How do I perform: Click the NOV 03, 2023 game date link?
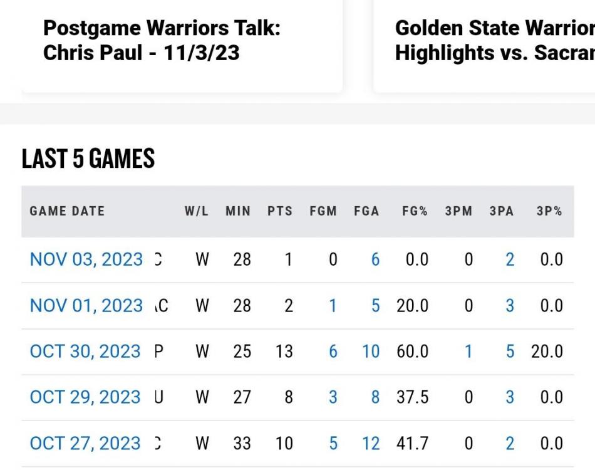[86, 259]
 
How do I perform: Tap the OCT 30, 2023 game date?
[85, 352]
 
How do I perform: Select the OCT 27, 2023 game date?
[85, 444]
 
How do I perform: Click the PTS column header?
[280, 211]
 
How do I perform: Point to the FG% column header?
[415, 211]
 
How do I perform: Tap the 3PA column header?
[501, 211]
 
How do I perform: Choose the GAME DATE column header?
[67, 211]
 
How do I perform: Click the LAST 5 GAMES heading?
[88, 159]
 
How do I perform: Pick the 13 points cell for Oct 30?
[284, 352]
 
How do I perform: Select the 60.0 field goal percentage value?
[412, 352]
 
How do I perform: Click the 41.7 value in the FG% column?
[412, 444]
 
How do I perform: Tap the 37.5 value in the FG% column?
[412, 397]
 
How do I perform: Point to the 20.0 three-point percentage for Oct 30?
[547, 352]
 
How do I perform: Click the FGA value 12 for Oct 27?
[371, 444]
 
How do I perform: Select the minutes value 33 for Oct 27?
[242, 444]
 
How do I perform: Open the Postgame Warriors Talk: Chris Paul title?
[162, 40]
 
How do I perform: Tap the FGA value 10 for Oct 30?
[371, 352]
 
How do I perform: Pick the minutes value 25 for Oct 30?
[242, 352]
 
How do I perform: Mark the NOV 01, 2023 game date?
[86, 306]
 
